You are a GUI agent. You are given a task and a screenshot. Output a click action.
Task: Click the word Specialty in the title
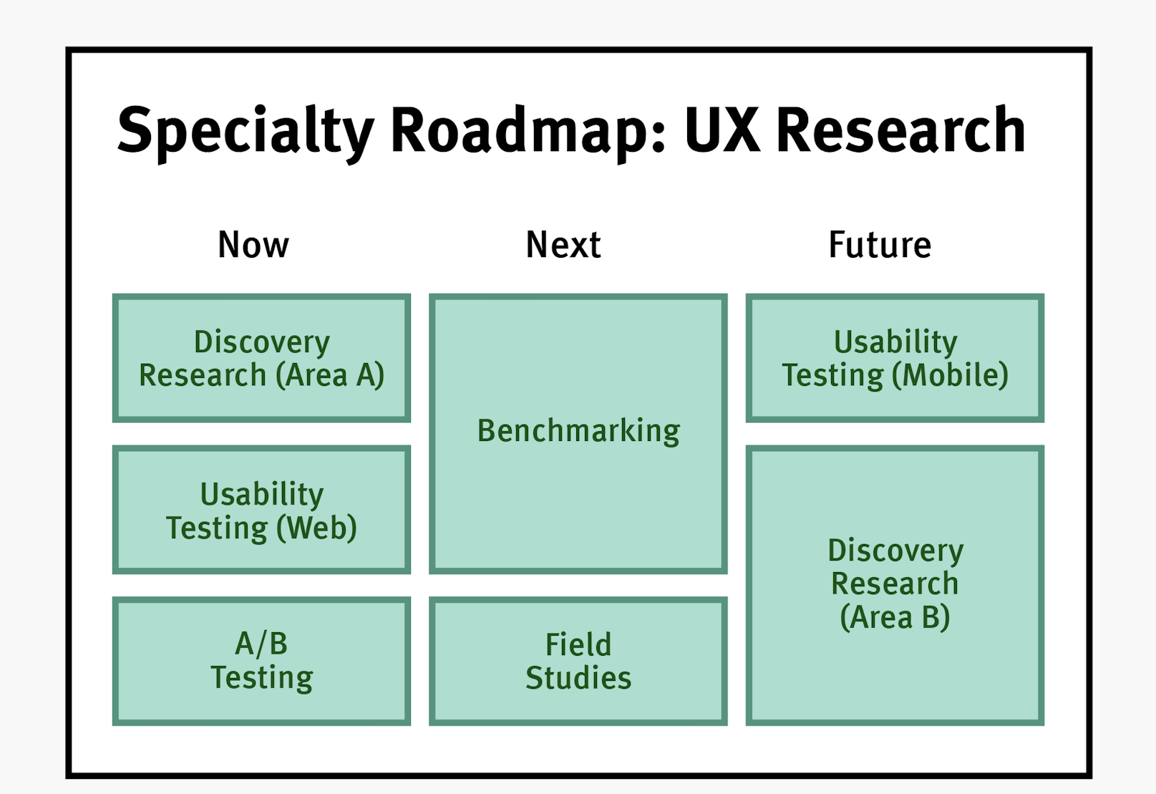point(246,131)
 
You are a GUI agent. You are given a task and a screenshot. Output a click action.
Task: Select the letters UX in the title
point(722,131)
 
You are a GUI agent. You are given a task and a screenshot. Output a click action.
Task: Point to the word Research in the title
point(900,131)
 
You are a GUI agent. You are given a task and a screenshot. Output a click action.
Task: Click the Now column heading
point(253,245)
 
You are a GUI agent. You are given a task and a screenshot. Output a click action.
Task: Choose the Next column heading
point(563,245)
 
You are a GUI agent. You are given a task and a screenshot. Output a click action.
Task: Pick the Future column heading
point(880,245)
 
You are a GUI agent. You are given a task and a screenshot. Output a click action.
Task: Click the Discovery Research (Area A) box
point(261,358)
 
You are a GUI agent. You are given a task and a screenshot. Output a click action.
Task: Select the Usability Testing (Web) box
point(261,510)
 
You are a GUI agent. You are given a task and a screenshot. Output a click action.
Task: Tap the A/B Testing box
point(261,661)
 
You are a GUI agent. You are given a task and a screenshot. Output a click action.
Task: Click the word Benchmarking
point(578,431)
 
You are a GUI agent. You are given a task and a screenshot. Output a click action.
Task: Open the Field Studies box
point(578,661)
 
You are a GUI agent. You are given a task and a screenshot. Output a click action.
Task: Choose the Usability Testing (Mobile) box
point(895,358)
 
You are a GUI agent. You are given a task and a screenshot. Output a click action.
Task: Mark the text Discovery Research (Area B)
point(895,584)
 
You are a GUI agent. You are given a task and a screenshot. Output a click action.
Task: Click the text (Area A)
point(331,375)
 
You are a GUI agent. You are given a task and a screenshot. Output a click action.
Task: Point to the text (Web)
point(316,528)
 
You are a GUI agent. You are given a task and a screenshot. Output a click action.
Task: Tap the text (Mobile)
point(951,375)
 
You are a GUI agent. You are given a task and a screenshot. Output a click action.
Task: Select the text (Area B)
point(895,617)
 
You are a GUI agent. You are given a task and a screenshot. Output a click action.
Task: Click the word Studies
point(578,678)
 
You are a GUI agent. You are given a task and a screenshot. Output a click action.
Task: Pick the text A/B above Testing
point(261,644)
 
